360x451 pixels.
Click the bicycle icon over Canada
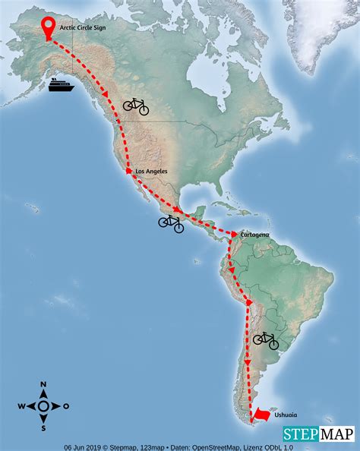pos(136,106)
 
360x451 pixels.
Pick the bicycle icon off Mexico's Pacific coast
pos(171,222)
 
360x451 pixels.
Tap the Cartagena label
pos(254,235)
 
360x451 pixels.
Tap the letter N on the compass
pos(43,385)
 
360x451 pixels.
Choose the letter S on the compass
pos(43,428)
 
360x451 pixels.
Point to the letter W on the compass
pos(21,407)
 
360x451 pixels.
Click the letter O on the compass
pos(66,407)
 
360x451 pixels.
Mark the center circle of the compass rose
pos(43,407)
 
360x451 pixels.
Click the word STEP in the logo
pos(299,434)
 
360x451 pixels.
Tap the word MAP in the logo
pos(336,434)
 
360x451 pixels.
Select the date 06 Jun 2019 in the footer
pos(83,447)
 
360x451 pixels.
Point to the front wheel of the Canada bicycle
pos(143,109)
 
